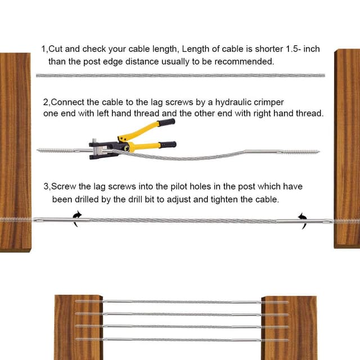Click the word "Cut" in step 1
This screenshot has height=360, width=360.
tap(56, 49)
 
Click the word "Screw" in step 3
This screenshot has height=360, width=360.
tap(64, 186)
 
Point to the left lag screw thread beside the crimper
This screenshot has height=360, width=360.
tap(56, 151)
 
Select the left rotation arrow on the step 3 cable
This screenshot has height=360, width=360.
tap(77, 219)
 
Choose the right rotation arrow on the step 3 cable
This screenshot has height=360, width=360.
tap(303, 221)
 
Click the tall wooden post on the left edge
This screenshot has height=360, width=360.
tap(15, 152)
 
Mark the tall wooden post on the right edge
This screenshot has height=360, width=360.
tap(347, 148)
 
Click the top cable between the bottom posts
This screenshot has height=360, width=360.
tap(182, 302)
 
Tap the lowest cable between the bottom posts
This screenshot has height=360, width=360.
tap(182, 340)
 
